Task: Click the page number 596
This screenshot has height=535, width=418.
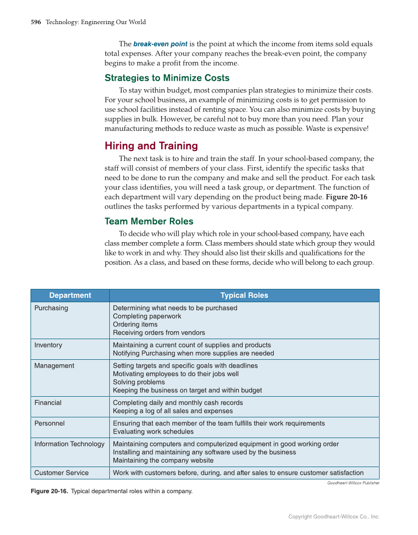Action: [35, 22]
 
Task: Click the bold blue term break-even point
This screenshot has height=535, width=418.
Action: [160, 44]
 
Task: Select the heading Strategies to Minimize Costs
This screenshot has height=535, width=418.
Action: [167, 78]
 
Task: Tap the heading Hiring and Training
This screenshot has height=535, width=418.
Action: [151, 146]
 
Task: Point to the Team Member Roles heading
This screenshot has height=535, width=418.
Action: [149, 221]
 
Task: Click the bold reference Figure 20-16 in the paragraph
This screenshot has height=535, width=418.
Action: [347, 197]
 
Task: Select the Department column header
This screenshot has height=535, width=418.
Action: [70, 295]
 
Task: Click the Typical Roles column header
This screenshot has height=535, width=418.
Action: [244, 295]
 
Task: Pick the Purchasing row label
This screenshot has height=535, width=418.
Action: [51, 308]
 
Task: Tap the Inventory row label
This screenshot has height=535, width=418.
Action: [48, 345]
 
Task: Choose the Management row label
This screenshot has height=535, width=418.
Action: [54, 366]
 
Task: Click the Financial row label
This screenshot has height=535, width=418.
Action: [48, 403]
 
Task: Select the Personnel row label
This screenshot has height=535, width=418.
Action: [49, 423]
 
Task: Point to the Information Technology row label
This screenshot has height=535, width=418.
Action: [69, 444]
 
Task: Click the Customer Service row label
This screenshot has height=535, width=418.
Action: [62, 473]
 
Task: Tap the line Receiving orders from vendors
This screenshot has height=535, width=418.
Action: [159, 333]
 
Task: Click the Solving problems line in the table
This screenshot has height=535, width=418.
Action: [139, 382]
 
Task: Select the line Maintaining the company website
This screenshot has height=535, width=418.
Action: [163, 461]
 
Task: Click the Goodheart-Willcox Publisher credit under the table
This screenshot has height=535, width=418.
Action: [353, 483]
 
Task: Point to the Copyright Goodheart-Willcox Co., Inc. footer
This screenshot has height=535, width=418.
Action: [334, 517]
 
